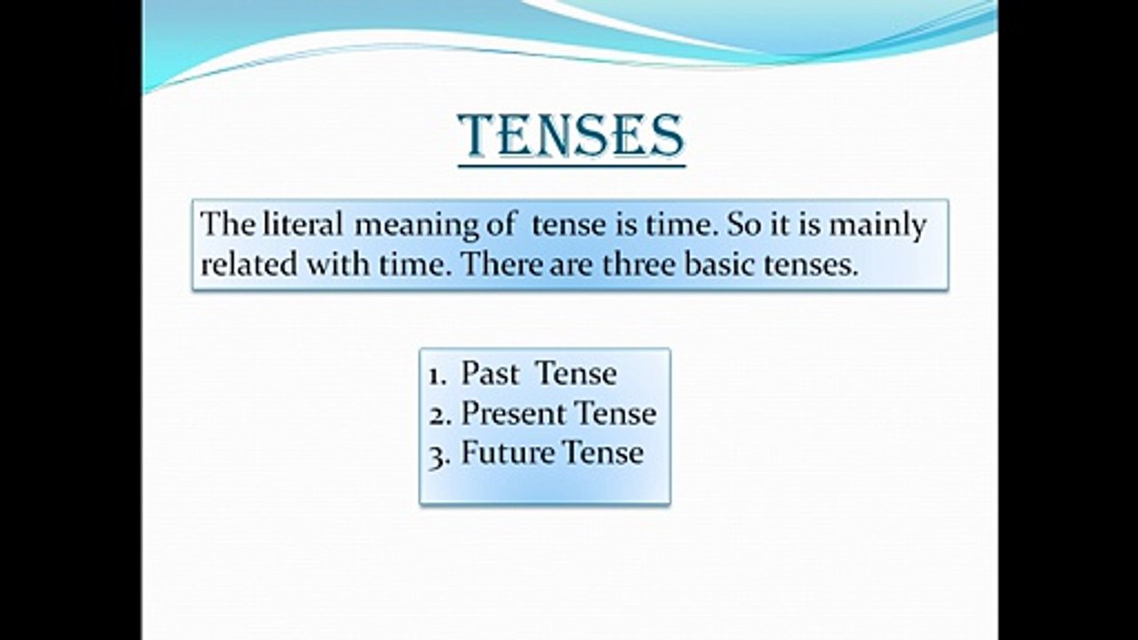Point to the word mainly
pos(878,226)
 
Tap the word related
pos(249,264)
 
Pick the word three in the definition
pos(639,264)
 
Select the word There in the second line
pos(502,264)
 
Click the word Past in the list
pos(489,373)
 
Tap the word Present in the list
pos(513,413)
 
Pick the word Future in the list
pos(508,452)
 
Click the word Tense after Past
pos(577,373)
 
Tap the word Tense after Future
pos(604,452)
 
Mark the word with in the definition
pos(337,264)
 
